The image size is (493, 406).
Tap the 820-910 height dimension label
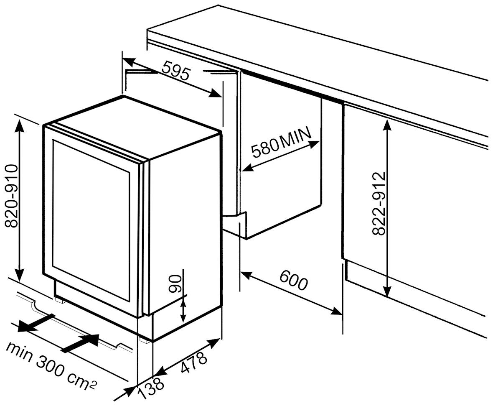pos(11,196)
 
